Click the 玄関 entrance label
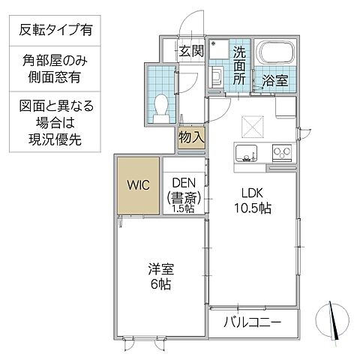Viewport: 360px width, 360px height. [x=191, y=51]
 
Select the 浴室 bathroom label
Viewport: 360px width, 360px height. [x=274, y=80]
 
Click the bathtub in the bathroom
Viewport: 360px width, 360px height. [x=276, y=56]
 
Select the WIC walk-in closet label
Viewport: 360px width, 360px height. [x=136, y=184]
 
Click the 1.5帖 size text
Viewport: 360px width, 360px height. [x=184, y=208]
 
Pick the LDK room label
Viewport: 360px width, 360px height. [x=252, y=190]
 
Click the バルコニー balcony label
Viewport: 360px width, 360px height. [x=253, y=324]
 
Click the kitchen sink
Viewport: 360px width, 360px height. [x=247, y=154]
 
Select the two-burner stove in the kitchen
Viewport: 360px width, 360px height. [x=282, y=154]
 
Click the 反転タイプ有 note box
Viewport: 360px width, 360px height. [x=56, y=31]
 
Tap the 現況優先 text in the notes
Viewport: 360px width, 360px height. [x=56, y=140]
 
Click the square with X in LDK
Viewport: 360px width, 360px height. [x=251, y=124]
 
